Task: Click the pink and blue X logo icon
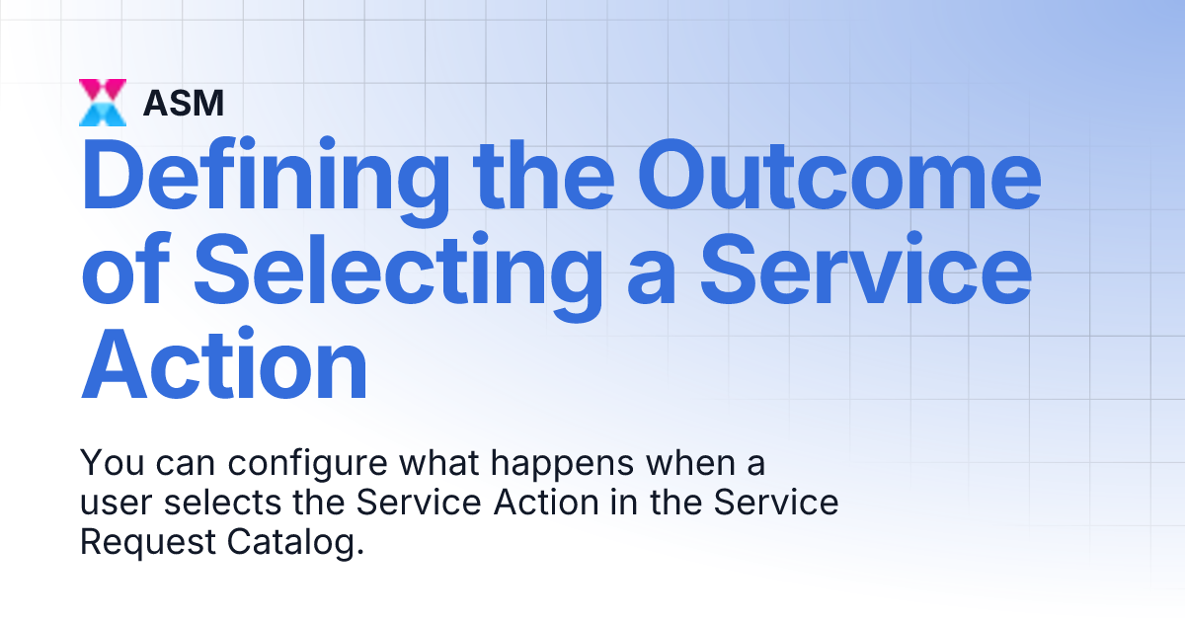(x=103, y=103)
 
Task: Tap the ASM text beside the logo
(x=183, y=103)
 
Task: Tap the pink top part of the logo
(x=103, y=90)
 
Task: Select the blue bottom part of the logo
(x=103, y=115)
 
